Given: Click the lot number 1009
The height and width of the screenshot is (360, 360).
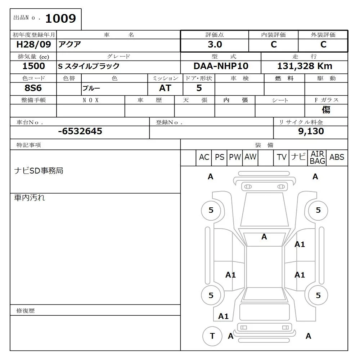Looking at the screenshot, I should coord(60,18).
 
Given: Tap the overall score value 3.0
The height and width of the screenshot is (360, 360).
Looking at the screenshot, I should coord(215,45).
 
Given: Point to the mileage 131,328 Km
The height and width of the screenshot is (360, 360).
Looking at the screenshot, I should coord(305,66).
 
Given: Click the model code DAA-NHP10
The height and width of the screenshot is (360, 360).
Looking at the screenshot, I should coord(221,66).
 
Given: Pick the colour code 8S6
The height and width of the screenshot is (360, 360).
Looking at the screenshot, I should coord(33,88).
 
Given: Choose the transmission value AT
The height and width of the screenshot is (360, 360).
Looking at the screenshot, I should coord(165,88).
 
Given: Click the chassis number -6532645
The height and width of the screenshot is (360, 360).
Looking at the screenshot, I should coord(80,131).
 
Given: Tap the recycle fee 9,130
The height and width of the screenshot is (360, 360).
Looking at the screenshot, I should coord(311,131).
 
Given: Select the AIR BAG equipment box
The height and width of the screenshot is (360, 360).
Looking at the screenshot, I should coord(317,158).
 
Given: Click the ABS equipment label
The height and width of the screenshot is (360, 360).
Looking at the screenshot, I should coord(337,157).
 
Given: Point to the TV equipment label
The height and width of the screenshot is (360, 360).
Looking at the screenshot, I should coord(282,157).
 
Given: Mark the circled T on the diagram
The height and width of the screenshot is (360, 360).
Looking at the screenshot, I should coord(212,336).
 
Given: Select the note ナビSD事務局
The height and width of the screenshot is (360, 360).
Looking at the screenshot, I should coord(39,171).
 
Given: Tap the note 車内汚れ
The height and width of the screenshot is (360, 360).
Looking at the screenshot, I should coord(30,198).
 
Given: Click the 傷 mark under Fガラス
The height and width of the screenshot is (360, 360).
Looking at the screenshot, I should coord(326,110).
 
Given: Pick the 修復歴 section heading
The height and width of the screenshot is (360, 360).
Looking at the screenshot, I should coord(26,310).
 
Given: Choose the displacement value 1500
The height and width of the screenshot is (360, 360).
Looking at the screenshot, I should coord(33,66).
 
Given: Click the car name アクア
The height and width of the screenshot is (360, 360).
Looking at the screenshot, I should coord(70,45).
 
